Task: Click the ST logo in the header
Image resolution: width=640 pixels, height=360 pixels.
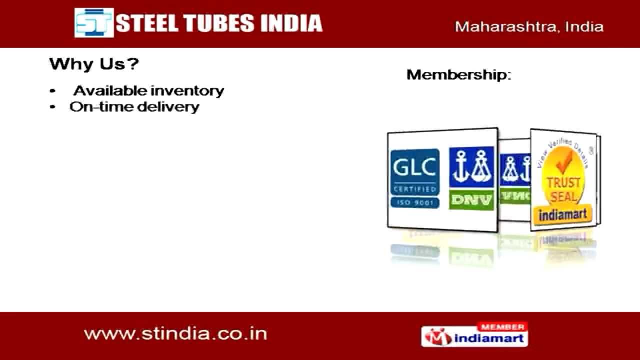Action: click(94, 23)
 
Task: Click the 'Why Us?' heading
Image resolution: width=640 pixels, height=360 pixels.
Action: click(94, 64)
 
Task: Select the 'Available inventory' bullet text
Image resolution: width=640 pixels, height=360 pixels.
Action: click(149, 91)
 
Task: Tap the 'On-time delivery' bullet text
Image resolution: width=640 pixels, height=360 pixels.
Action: click(134, 107)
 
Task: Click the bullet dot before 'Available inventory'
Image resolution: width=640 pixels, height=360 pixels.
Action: click(52, 91)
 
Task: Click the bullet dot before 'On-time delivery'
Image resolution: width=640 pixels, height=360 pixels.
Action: click(52, 107)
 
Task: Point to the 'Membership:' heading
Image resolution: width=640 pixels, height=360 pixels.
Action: click(459, 75)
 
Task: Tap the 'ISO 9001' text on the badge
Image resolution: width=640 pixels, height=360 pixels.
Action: click(414, 202)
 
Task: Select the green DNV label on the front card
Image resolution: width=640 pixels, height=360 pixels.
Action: click(471, 200)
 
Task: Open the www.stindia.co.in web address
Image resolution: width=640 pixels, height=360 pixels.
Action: click(175, 333)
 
